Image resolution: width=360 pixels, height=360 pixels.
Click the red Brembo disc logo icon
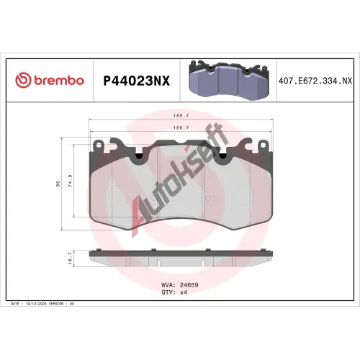pos(23,80)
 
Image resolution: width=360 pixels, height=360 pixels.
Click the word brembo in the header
pos(59,80)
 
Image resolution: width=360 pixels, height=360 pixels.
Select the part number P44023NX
pos(136,81)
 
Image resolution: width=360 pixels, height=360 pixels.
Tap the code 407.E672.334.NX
pos(315,81)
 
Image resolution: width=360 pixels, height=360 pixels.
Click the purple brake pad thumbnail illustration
pos(228,80)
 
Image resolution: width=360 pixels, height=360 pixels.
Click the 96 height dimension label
pos(58,184)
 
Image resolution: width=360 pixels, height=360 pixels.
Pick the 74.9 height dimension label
pos(71,181)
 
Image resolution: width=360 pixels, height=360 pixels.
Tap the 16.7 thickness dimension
pos(70,258)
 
